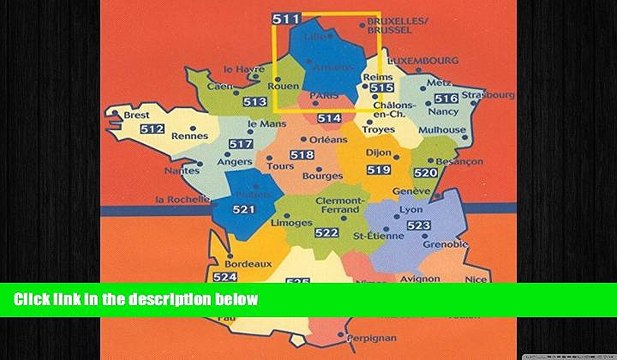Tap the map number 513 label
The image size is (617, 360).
[254, 102]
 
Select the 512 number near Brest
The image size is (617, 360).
[153, 129]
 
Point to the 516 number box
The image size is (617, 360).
[446, 98]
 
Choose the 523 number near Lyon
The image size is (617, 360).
[418, 227]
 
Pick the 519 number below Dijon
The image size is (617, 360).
[378, 171]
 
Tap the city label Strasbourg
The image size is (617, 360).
[488, 95]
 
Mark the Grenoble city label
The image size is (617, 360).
[445, 244]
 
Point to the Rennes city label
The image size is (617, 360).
[189, 135]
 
